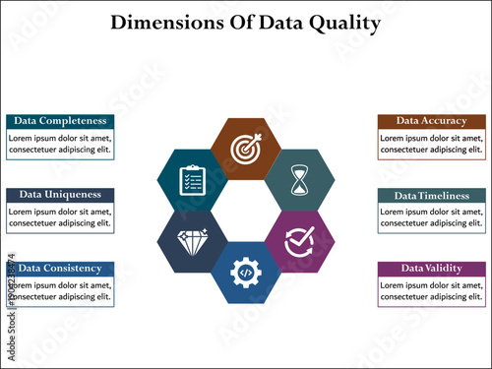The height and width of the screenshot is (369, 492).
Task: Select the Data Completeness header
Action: (59, 120)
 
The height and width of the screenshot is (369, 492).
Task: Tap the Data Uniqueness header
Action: (59, 194)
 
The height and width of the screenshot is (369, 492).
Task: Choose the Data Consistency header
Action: (59, 268)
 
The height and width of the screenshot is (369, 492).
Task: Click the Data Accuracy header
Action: (431, 120)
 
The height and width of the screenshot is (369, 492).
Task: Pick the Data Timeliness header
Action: (431, 195)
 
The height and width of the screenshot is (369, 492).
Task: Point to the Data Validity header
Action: (431, 268)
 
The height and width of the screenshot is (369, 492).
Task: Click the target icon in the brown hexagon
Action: (245, 149)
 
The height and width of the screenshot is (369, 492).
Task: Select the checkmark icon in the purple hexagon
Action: (299, 241)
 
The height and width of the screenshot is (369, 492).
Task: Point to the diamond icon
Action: (192, 241)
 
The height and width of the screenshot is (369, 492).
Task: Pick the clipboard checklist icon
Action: (192, 180)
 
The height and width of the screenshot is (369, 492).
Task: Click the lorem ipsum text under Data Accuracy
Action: (431, 144)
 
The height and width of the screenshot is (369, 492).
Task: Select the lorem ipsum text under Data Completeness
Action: (59, 144)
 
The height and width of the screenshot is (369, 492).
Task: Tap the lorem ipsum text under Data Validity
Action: (431, 290)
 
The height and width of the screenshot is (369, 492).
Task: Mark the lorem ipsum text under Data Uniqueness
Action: (59, 217)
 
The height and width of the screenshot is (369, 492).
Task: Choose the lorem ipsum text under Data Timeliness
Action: (431, 217)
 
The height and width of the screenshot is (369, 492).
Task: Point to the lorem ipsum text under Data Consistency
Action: (59, 290)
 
